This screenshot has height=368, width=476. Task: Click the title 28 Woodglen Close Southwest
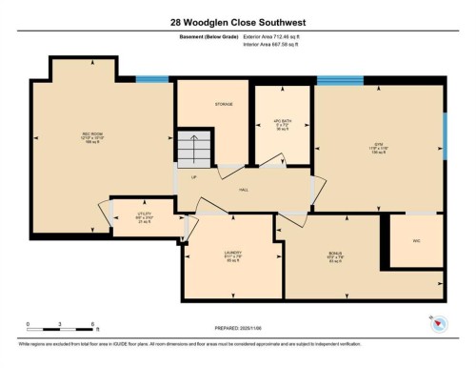tap(237, 21)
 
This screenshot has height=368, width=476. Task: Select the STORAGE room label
tap(224, 104)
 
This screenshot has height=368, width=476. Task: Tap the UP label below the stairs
tap(195, 176)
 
